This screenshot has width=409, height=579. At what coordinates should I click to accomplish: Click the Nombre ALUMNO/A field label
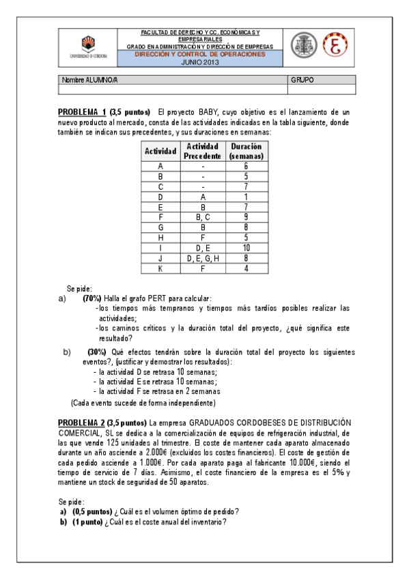click(90, 80)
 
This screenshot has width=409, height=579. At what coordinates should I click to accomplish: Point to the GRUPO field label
click(302, 80)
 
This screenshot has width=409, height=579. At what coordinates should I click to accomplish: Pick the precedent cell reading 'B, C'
click(203, 217)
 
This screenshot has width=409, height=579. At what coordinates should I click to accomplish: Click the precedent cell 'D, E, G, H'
click(203, 258)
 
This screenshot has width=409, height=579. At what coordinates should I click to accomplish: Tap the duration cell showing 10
click(246, 248)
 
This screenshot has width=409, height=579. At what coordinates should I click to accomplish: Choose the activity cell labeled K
click(160, 268)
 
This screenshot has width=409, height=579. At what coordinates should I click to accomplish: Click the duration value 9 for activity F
click(246, 217)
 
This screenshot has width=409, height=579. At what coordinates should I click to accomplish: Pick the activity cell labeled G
click(160, 227)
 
